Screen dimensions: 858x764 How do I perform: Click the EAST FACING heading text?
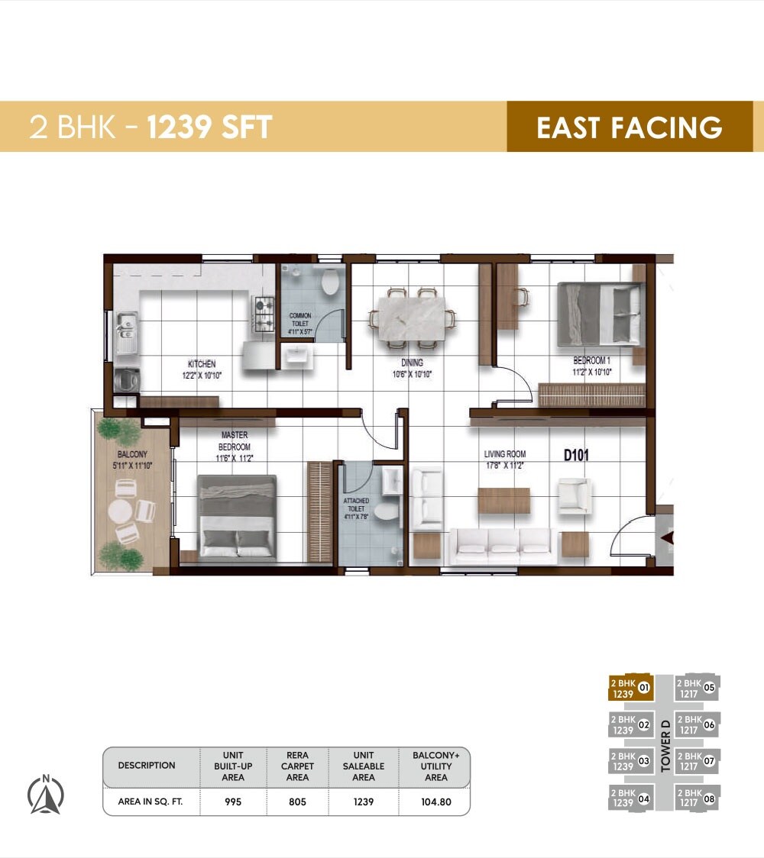click(x=629, y=127)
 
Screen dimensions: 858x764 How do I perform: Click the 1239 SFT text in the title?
click(x=209, y=127)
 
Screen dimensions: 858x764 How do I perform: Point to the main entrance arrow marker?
click(x=667, y=539)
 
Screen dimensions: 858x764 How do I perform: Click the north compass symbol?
click(x=46, y=795)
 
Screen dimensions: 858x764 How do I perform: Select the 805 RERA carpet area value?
click(x=297, y=802)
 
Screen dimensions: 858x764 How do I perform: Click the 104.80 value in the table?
click(x=435, y=802)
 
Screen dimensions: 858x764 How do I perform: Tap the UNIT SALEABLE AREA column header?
click(x=364, y=766)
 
